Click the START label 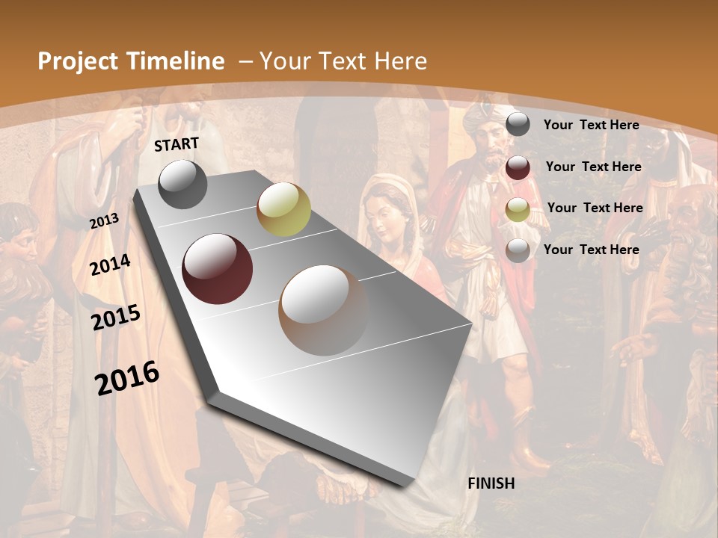[x=177, y=144]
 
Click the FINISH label [x=491, y=483]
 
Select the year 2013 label [x=105, y=220]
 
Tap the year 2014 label [x=111, y=265]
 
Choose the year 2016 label [x=127, y=377]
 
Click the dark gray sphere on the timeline [x=183, y=184]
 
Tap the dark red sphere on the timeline [x=217, y=269]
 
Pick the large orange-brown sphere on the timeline [x=322, y=310]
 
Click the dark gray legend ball [x=518, y=124]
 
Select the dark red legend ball [x=518, y=167]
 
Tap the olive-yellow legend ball [x=518, y=209]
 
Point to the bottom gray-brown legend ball [x=518, y=250]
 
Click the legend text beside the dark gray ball [x=591, y=125]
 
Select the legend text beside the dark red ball [x=593, y=167]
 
